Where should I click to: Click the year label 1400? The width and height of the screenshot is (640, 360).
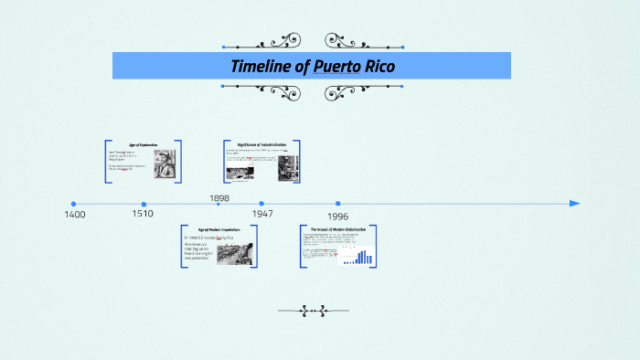tap(75, 214)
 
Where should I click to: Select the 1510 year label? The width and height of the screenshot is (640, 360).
tap(142, 214)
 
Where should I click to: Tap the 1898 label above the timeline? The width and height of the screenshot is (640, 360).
tap(219, 197)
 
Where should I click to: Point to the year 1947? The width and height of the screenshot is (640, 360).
tap(262, 213)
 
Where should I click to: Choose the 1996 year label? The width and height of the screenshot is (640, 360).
tap(337, 217)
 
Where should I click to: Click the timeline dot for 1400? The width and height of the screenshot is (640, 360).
tap(73, 204)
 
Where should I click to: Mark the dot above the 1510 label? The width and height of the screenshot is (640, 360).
tap(144, 204)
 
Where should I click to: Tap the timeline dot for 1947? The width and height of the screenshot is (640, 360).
tap(261, 204)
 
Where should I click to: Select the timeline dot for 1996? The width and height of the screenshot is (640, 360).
tap(337, 204)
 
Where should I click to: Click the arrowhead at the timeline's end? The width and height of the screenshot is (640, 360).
tap(575, 204)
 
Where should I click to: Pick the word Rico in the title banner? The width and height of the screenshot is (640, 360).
tap(378, 66)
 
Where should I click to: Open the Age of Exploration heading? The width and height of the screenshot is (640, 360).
tap(143, 145)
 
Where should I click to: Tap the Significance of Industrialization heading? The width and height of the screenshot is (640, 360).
tap(261, 145)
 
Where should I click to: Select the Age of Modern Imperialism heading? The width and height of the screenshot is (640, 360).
tap(219, 230)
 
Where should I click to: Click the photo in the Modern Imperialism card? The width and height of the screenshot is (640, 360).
tap(235, 253)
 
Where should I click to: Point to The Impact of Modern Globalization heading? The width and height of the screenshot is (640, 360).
tap(337, 228)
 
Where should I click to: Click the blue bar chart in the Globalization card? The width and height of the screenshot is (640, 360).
tap(362, 257)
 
